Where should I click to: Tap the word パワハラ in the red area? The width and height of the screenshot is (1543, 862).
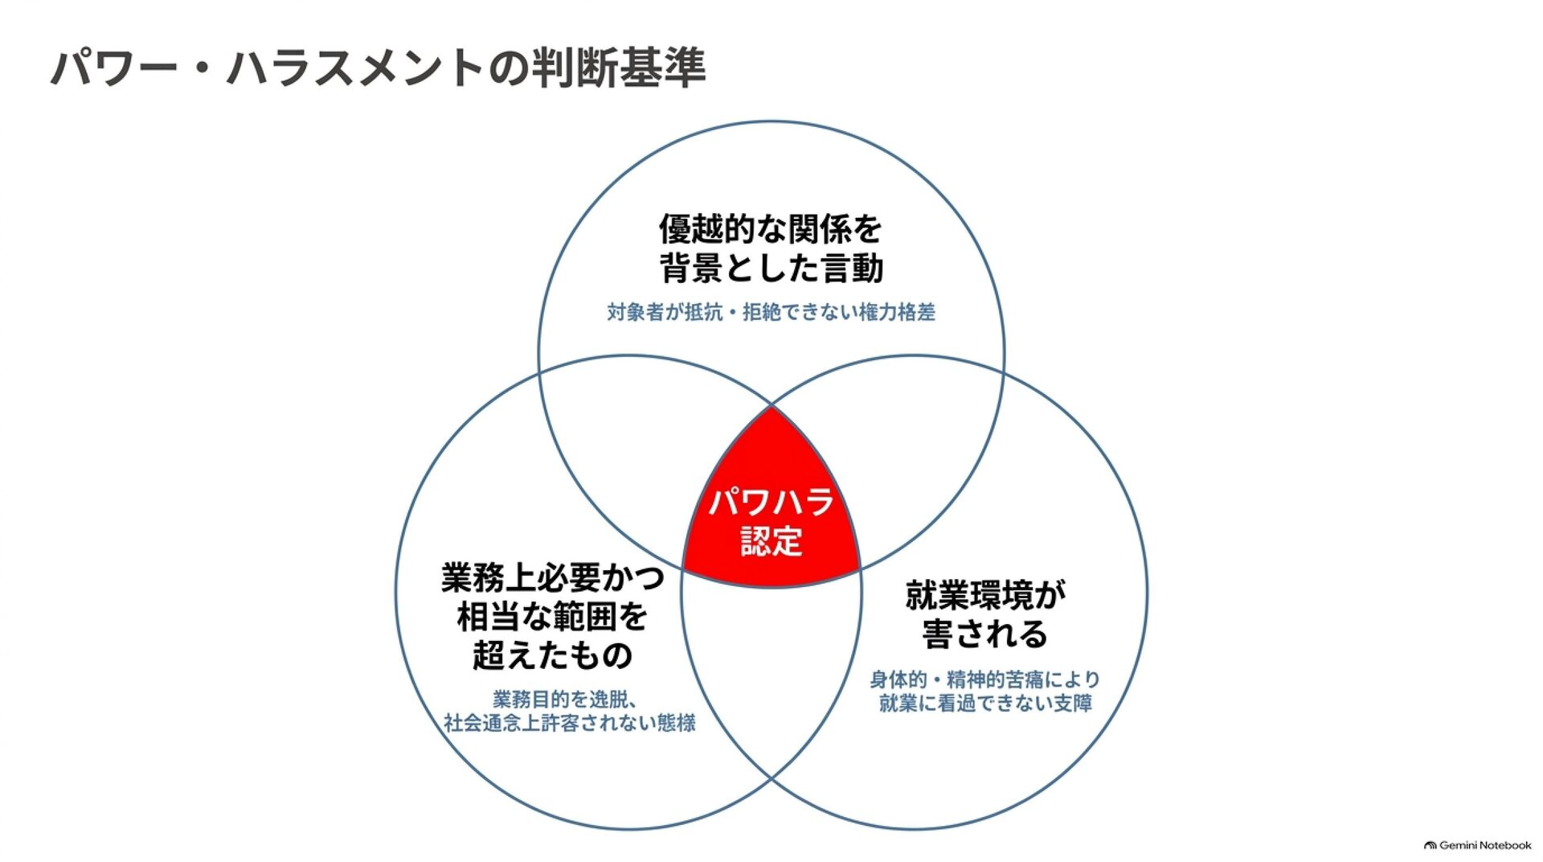(x=771, y=503)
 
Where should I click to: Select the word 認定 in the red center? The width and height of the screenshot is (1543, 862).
(x=771, y=541)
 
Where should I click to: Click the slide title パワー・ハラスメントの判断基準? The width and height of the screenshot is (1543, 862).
(x=379, y=68)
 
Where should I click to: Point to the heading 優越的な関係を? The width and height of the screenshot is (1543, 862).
(x=771, y=229)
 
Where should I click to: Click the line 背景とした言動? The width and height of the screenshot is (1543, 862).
(x=771, y=268)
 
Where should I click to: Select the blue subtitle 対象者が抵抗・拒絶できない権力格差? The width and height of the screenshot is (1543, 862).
(x=771, y=312)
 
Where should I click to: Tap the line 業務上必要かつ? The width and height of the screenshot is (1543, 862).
(x=553, y=578)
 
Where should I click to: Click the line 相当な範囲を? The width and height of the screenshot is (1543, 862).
(x=553, y=617)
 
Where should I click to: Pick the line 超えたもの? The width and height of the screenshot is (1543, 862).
(x=553, y=655)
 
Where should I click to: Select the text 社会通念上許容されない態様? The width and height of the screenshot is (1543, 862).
(x=570, y=723)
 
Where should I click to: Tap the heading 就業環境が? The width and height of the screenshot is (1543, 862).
(x=985, y=596)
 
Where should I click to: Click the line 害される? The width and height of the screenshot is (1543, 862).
(x=985, y=634)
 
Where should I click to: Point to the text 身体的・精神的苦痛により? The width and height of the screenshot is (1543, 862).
(x=985, y=679)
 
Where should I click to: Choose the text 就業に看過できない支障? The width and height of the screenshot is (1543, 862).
(x=985, y=704)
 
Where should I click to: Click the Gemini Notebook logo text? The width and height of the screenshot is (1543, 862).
(x=1485, y=845)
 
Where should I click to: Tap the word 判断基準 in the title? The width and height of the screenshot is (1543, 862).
(x=619, y=68)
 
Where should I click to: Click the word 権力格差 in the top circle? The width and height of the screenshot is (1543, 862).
(x=898, y=312)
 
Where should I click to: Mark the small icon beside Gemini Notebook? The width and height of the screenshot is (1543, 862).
(x=1430, y=846)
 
